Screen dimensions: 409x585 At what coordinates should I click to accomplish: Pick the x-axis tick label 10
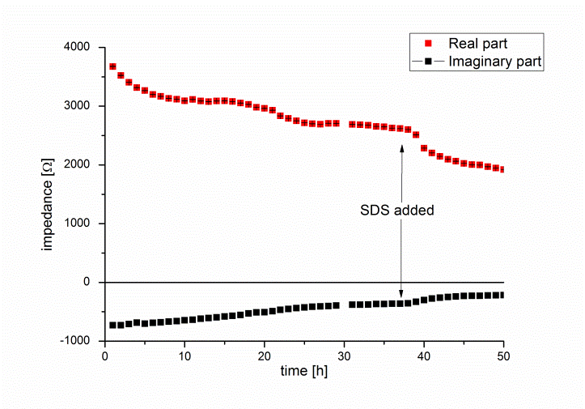point(184,355)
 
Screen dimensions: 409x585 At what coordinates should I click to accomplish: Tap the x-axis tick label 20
point(265,355)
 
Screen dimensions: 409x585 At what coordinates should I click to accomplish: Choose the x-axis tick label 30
point(344,355)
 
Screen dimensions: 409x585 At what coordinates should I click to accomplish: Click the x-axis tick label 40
point(424,355)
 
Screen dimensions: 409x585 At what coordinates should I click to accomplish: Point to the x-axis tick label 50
point(503,355)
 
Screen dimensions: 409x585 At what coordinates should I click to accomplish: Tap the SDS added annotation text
point(397,211)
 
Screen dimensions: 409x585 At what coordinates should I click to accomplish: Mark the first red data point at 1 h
point(112,66)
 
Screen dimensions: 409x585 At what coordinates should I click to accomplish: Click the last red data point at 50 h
point(503,169)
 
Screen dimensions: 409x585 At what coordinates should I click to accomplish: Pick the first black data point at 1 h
point(112,325)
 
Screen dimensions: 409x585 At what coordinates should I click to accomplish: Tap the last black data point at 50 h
point(503,295)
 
